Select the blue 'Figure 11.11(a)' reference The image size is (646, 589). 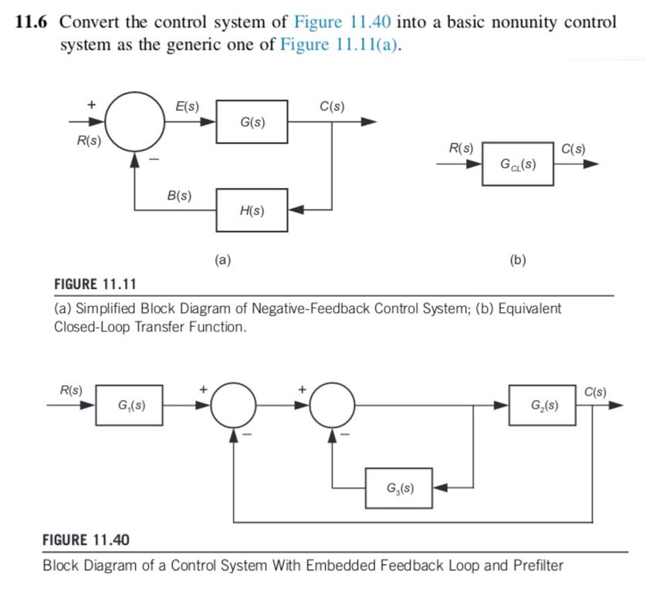pos(344,45)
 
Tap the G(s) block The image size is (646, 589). pos(252,122)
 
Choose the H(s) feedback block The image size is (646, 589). pos(252,210)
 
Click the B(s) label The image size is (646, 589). pos(180,195)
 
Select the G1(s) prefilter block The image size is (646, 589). pos(129,404)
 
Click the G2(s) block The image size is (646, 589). pos(542,404)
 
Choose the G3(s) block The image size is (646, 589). pos(399,488)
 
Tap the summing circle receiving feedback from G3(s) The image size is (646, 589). pos(333,404)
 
